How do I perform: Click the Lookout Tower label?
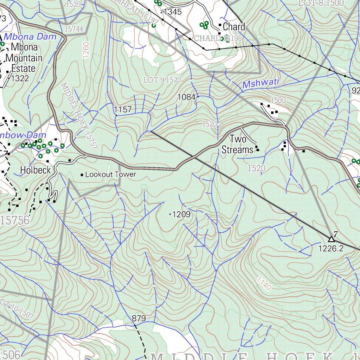(x=110, y=174)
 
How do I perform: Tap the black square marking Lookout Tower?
(x=82, y=175)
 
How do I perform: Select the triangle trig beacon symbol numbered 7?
(x=331, y=239)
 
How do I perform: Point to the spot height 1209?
(x=181, y=214)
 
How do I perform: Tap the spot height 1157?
(x=123, y=110)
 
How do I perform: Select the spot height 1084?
(x=186, y=97)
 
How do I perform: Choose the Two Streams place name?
(x=238, y=144)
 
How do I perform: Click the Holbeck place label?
(x=36, y=170)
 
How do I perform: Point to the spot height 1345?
(x=172, y=12)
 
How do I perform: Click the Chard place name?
(x=234, y=27)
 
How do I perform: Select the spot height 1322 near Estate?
(x=20, y=78)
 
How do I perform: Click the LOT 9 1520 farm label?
(x=162, y=80)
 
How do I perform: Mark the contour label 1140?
(x=264, y=284)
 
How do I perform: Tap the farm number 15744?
(x=74, y=29)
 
